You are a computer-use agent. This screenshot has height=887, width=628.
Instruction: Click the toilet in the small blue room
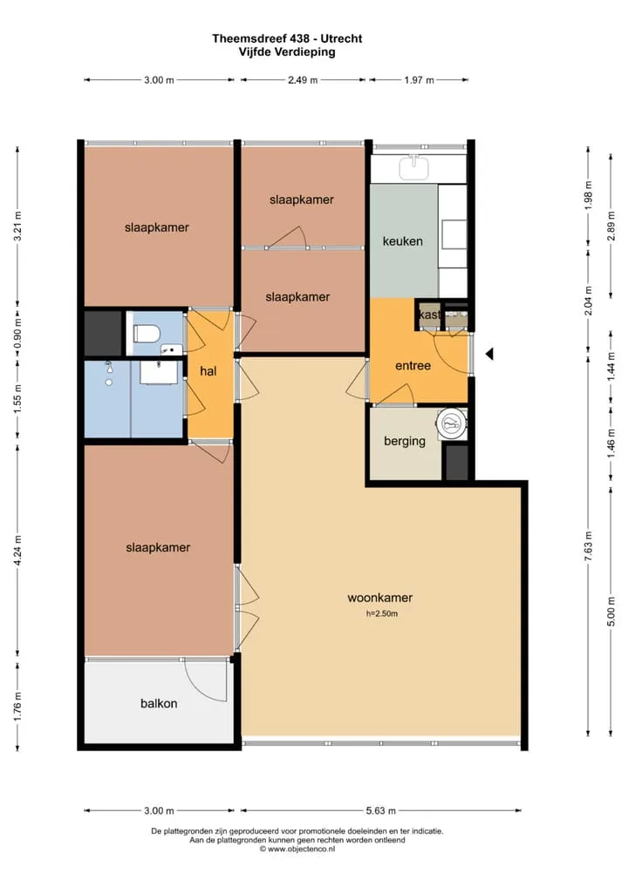[x=145, y=334]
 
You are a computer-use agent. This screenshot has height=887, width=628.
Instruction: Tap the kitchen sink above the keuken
[x=414, y=168]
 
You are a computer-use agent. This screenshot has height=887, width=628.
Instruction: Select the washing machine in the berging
[x=451, y=423]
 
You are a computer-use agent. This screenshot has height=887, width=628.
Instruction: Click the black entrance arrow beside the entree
[x=490, y=354]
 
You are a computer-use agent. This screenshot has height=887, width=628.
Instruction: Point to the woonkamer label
[x=380, y=598]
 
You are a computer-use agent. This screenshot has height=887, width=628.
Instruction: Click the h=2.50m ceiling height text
[x=382, y=613]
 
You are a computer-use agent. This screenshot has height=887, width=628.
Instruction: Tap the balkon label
[x=159, y=703]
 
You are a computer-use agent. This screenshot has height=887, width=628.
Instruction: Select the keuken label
[x=403, y=241]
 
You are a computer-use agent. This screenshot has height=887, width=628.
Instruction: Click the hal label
[x=208, y=371]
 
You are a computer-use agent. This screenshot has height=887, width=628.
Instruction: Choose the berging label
[x=405, y=441]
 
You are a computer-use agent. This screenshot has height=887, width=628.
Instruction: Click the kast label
[x=429, y=315]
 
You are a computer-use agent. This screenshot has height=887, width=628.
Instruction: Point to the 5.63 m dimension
[x=380, y=810]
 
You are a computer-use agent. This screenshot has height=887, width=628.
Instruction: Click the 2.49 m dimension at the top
[x=303, y=80]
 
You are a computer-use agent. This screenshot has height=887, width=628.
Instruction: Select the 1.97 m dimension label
[x=419, y=80]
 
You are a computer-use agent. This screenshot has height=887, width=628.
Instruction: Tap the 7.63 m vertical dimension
[x=589, y=547]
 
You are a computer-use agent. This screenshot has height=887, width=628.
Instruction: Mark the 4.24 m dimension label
[x=17, y=551]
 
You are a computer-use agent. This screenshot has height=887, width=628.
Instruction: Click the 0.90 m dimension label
[x=17, y=335]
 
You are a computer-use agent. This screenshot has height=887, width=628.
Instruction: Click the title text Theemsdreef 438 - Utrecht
[x=287, y=38]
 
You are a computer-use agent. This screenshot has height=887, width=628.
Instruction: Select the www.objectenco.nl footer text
[x=297, y=849]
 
